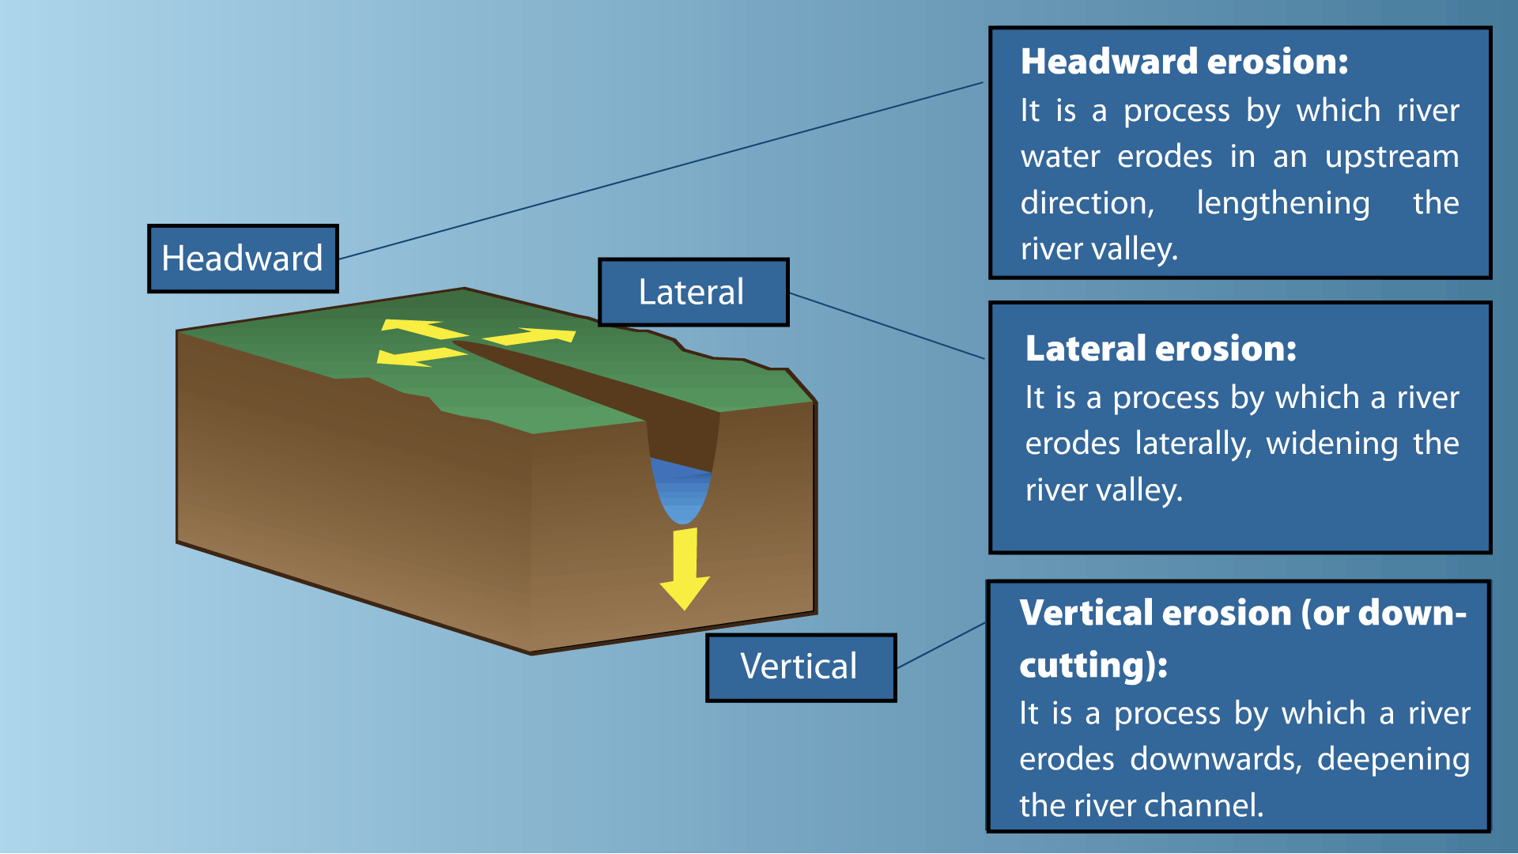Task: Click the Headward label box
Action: pos(243,259)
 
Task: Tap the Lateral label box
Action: pos(693,292)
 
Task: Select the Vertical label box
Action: pos(801,667)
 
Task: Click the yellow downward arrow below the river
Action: pos(685,569)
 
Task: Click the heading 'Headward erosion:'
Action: pos(1184,62)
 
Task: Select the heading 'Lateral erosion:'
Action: pos(1161,349)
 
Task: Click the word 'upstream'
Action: pos(1391,157)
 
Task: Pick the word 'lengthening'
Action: pos(1282,203)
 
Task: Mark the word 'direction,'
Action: pos(1087,203)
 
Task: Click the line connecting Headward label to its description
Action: pos(661,170)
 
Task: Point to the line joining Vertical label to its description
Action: pos(941,645)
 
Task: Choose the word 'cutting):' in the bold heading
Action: pos(1093,665)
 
